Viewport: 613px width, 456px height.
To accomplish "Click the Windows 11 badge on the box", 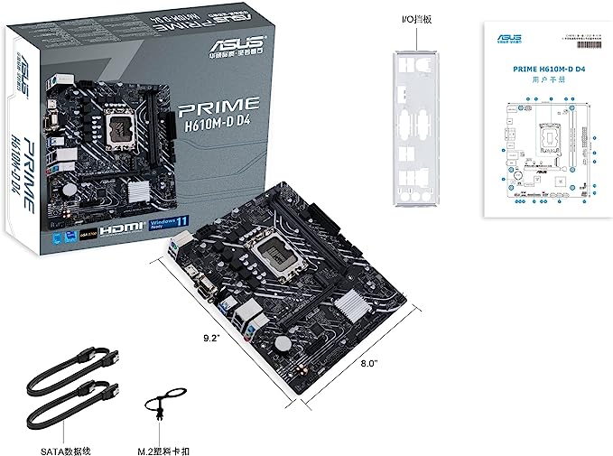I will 210,225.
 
